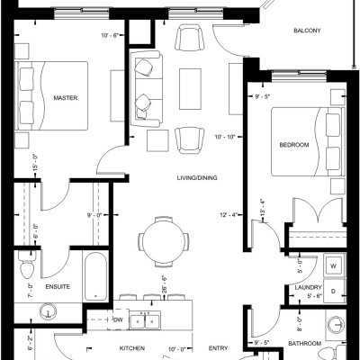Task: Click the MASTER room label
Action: [65, 98]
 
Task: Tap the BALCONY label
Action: [307, 31]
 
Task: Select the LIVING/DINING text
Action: [197, 178]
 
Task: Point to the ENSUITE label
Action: [58, 286]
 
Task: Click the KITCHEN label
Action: [132, 348]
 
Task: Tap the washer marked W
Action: [333, 266]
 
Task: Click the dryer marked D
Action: [334, 292]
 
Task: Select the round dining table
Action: [163, 241]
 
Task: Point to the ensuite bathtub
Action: [95, 276]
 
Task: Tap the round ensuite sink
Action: [48, 312]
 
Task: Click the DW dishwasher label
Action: [119, 319]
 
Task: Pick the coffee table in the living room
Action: [190, 89]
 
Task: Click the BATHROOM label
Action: [304, 343]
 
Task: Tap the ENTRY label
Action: [218, 348]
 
